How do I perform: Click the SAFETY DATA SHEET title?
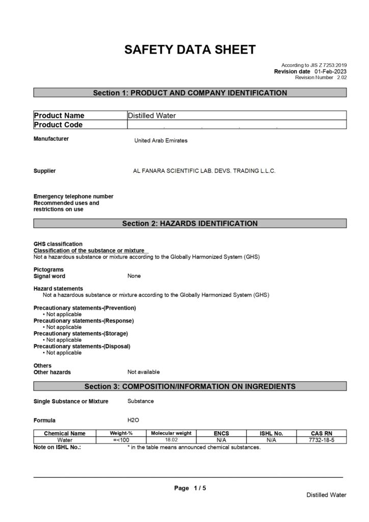tap(190, 49)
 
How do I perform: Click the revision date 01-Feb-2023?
tap(331, 71)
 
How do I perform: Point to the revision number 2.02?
tap(341, 77)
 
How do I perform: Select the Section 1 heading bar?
tap(190, 93)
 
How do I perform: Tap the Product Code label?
tap(58, 125)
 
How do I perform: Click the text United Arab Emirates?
tap(161, 141)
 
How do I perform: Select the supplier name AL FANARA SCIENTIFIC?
tap(204, 171)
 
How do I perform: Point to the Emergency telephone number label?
tap(73, 196)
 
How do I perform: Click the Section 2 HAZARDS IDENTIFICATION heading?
tap(190, 223)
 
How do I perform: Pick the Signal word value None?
tap(134, 276)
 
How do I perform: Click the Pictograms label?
tap(48, 269)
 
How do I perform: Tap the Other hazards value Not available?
tap(143, 372)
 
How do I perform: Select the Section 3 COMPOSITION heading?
tap(190, 386)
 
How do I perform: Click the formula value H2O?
tap(133, 421)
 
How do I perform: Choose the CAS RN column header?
tap(322, 433)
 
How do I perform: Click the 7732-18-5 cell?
tap(322, 440)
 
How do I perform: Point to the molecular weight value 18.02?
tap(171, 440)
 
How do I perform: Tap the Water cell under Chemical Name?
tap(65, 440)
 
